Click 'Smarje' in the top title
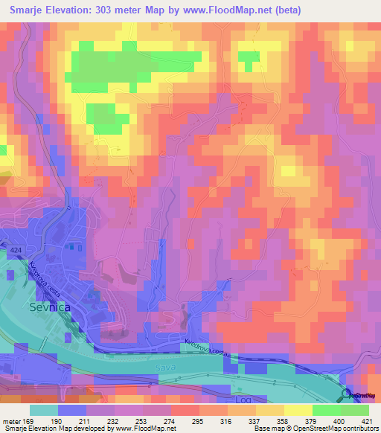point(31,10)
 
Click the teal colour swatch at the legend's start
point(44,409)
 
